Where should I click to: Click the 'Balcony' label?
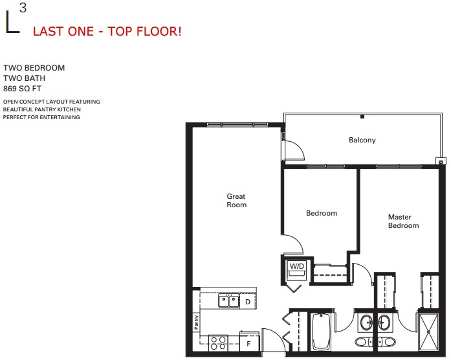(362, 140)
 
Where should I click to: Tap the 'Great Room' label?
(236, 201)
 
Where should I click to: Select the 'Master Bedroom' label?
(403, 221)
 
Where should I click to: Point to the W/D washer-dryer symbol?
(296, 267)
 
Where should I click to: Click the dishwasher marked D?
(247, 302)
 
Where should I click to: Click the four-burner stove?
(219, 341)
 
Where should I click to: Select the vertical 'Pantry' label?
(196, 321)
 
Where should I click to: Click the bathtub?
(321, 332)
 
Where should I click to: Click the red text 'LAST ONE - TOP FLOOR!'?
(107, 31)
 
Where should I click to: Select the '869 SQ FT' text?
(24, 89)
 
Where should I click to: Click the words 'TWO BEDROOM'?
(34, 68)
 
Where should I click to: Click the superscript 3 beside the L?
(23, 8)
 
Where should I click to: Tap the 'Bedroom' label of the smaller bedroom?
(322, 213)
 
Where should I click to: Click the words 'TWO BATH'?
(24, 78)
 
